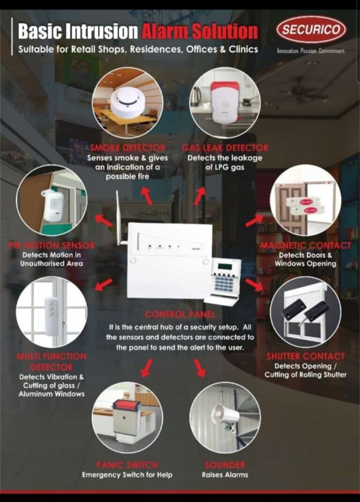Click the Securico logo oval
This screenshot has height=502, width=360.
pos(311,30)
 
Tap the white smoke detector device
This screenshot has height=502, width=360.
pos(127,100)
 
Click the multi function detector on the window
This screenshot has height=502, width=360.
pos(52,315)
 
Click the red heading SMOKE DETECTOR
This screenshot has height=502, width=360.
pos(127,148)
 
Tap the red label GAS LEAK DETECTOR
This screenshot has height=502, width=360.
pos(225,148)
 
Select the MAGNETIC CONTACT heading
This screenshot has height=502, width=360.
pos(306,245)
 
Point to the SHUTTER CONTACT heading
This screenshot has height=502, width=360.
pos(306,357)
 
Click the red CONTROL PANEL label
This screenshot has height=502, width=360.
pos(180,314)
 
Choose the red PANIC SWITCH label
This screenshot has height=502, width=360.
pos(127,465)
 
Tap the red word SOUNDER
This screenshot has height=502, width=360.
pos(225,465)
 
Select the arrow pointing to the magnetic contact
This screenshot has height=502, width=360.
pos(254,221)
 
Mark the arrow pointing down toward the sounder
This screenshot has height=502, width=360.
pos(200,368)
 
